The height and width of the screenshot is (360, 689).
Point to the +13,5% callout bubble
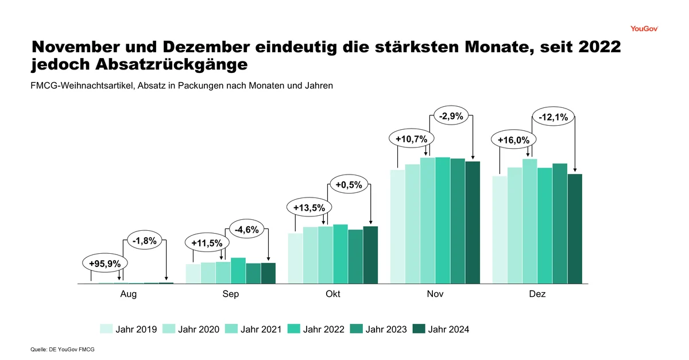(309, 207)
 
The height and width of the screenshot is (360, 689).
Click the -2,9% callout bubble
(451, 117)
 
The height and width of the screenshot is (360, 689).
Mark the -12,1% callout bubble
(553, 118)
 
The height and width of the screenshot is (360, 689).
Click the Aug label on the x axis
(128, 294)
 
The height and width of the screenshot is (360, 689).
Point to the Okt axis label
(332, 294)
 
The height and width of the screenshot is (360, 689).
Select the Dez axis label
(537, 294)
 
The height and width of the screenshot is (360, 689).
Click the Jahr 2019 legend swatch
(106, 329)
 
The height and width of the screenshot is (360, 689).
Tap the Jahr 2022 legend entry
(316, 329)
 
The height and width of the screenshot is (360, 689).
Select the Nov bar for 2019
(397, 226)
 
